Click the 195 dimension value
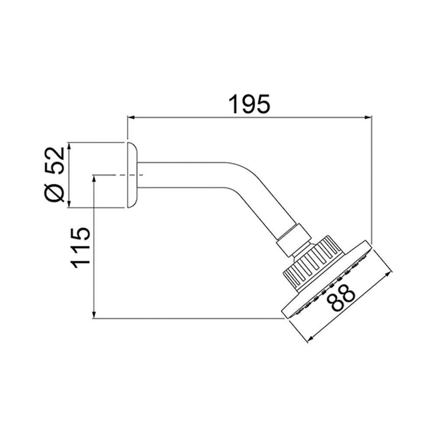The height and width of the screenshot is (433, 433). click(249, 104)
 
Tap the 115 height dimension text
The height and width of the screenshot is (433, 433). click(81, 247)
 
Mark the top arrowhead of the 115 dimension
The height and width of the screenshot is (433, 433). click(94, 178)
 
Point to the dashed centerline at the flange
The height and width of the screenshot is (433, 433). click(117, 175)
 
